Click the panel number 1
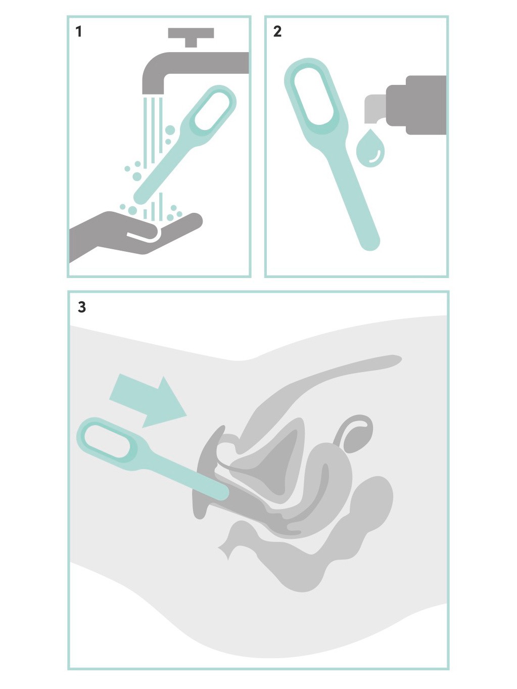point(79,32)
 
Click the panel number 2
point(277,32)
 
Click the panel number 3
point(81,307)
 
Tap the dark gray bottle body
point(416,105)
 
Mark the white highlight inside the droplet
point(376,157)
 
